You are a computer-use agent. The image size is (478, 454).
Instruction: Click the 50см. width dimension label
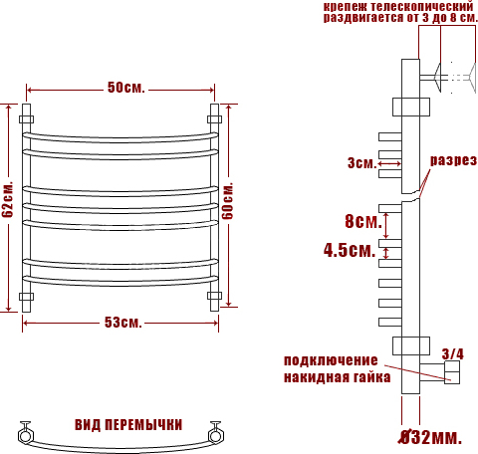(x=126, y=88)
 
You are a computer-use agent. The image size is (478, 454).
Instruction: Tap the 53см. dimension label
(x=123, y=323)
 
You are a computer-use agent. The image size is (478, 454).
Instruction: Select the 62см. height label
(x=7, y=199)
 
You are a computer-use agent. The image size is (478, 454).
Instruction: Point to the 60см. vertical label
(x=228, y=201)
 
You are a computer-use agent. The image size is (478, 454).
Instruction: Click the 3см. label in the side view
(x=362, y=163)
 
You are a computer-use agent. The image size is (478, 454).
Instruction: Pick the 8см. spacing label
(x=363, y=221)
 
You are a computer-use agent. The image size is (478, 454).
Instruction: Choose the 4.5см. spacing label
(x=350, y=250)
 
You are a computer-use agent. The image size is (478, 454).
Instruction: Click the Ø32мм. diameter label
(x=430, y=437)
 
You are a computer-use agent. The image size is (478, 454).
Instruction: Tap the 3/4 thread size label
(x=453, y=354)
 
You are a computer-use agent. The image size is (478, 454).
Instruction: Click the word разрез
(x=453, y=160)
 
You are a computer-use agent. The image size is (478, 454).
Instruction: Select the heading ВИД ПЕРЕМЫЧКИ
(x=128, y=425)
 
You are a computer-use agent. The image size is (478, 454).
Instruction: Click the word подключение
(x=331, y=360)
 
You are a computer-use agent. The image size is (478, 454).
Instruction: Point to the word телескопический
(x=421, y=6)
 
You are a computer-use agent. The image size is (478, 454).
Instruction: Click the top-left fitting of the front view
(x=26, y=119)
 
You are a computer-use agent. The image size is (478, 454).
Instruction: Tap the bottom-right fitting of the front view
(x=214, y=296)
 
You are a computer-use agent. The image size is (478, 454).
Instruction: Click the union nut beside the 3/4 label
(x=452, y=372)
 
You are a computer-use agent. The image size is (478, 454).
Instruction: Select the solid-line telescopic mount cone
(x=437, y=78)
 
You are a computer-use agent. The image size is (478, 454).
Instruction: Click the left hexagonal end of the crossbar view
(x=25, y=435)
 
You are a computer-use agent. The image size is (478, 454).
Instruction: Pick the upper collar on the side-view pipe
(x=411, y=107)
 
